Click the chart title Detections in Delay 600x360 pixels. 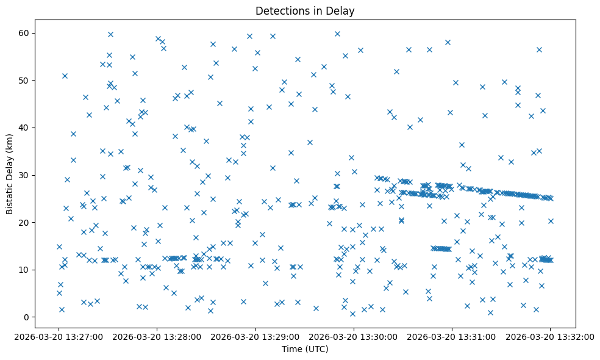tap(305, 11)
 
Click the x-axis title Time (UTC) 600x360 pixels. tap(305, 349)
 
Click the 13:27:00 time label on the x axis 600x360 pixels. tap(59, 336)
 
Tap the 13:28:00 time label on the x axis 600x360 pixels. tap(157, 336)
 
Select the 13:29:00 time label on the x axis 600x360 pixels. tap(255, 336)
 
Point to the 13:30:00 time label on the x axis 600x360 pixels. tap(354, 336)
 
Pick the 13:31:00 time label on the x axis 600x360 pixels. tap(452, 336)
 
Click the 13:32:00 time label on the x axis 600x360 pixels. tap(550, 336)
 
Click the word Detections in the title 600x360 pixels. tap(280, 11)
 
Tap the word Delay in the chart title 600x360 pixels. tap(341, 11)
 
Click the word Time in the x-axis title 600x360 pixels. tap(291, 349)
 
